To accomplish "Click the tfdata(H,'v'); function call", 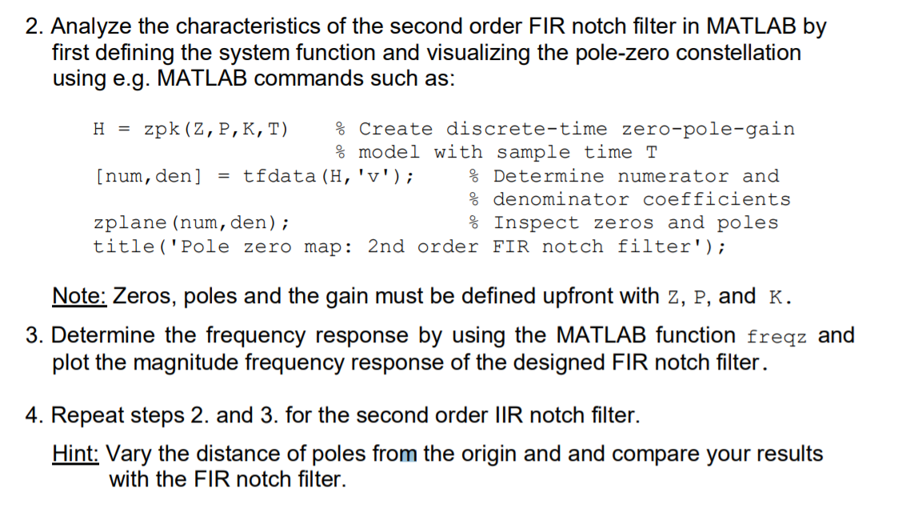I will (x=329, y=176).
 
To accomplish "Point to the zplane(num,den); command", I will (x=192, y=222).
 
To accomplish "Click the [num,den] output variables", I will (x=148, y=176).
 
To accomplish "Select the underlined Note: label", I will (x=79, y=296).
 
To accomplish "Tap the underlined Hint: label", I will (x=76, y=454).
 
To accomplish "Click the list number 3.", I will (x=33, y=335).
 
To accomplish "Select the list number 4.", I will (x=33, y=416).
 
